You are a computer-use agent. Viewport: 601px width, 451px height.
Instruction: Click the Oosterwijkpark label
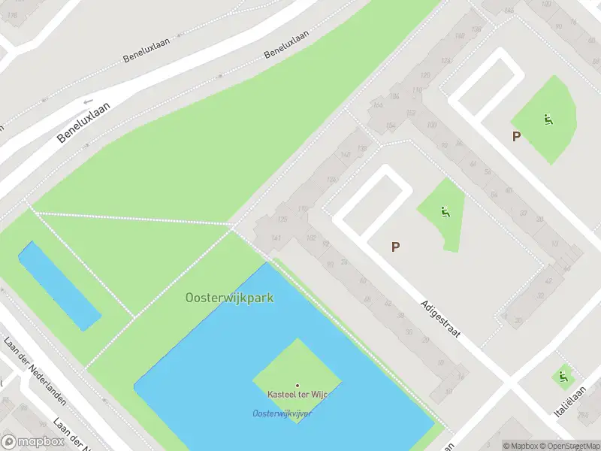(x=229, y=298)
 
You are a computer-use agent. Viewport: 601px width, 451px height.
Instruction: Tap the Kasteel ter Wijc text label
(x=297, y=395)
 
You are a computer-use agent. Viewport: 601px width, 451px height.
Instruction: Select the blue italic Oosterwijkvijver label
(x=282, y=414)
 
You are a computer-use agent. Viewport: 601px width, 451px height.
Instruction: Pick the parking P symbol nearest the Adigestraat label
(x=395, y=247)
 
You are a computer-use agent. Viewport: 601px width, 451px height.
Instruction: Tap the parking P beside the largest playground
(x=516, y=136)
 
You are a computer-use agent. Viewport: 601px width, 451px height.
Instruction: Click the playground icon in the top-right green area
(x=548, y=119)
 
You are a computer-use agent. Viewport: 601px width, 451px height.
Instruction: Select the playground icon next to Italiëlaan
(x=563, y=376)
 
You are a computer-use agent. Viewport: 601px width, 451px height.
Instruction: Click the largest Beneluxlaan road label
(x=83, y=123)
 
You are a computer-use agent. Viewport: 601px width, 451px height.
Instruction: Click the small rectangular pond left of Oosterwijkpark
(x=59, y=286)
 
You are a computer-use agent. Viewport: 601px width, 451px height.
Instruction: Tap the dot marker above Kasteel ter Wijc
(x=297, y=386)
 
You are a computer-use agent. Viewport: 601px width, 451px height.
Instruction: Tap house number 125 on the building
(x=283, y=219)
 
